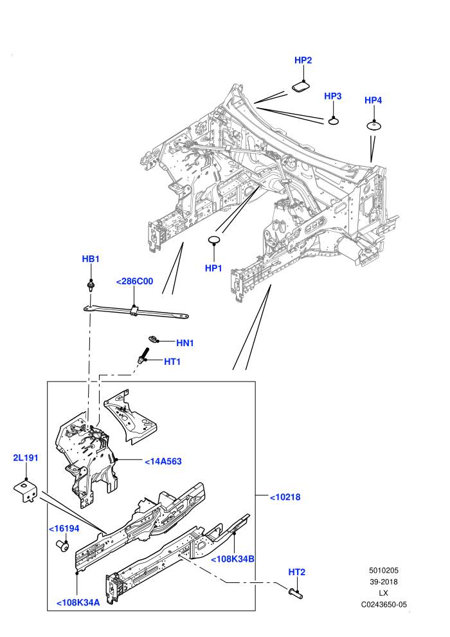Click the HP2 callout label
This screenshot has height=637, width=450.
(303, 60)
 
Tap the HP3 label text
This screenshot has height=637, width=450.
(333, 96)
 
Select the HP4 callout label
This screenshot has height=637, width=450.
(373, 100)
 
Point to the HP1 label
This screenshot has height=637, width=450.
(213, 268)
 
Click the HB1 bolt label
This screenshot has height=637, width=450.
(91, 259)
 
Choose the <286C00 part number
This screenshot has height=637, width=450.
(134, 281)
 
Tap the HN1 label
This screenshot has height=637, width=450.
(185, 343)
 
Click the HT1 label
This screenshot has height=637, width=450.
(172, 362)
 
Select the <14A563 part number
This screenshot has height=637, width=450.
(163, 461)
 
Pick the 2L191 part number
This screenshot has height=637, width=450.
(26, 457)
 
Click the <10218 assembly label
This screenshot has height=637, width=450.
(285, 497)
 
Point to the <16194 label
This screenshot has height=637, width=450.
(64, 528)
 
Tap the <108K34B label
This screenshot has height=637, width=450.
(233, 559)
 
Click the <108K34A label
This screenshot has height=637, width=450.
(78, 602)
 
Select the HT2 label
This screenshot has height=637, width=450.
(296, 572)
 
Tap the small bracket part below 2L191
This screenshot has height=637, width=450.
(26, 491)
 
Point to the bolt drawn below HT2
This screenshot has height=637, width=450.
(296, 593)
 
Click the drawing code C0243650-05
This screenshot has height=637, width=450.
(384, 604)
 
